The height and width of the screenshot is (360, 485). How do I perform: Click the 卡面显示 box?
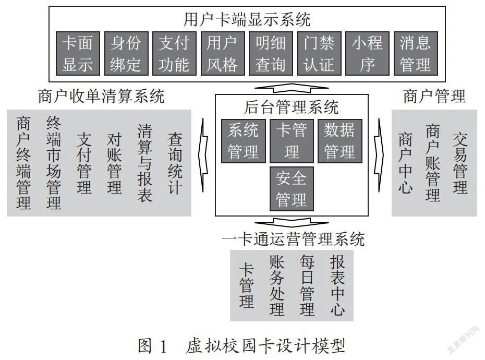78,53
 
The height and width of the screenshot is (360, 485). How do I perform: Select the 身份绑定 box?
126,53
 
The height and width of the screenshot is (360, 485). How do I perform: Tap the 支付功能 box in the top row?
175,53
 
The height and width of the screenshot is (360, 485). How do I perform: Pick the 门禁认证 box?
319,53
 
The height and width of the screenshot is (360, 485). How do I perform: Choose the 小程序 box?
368,53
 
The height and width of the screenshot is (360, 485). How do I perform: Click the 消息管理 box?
416,53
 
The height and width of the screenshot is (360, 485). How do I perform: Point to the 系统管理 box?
244,141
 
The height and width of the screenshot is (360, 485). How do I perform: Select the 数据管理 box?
340,141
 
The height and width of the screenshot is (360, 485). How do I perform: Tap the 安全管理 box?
292,189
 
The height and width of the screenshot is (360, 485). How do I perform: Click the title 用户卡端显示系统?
247,19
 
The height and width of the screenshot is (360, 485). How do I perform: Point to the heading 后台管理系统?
292,107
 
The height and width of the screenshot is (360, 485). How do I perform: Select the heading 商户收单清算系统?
101,96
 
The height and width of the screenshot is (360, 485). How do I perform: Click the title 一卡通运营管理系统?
294,239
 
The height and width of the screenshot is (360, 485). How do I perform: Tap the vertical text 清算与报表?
145,163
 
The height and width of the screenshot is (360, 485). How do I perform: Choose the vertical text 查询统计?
175,163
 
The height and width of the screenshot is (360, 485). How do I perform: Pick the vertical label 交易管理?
460,163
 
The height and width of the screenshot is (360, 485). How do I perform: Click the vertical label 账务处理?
277,285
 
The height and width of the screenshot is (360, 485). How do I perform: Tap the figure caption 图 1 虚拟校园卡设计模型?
241,346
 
